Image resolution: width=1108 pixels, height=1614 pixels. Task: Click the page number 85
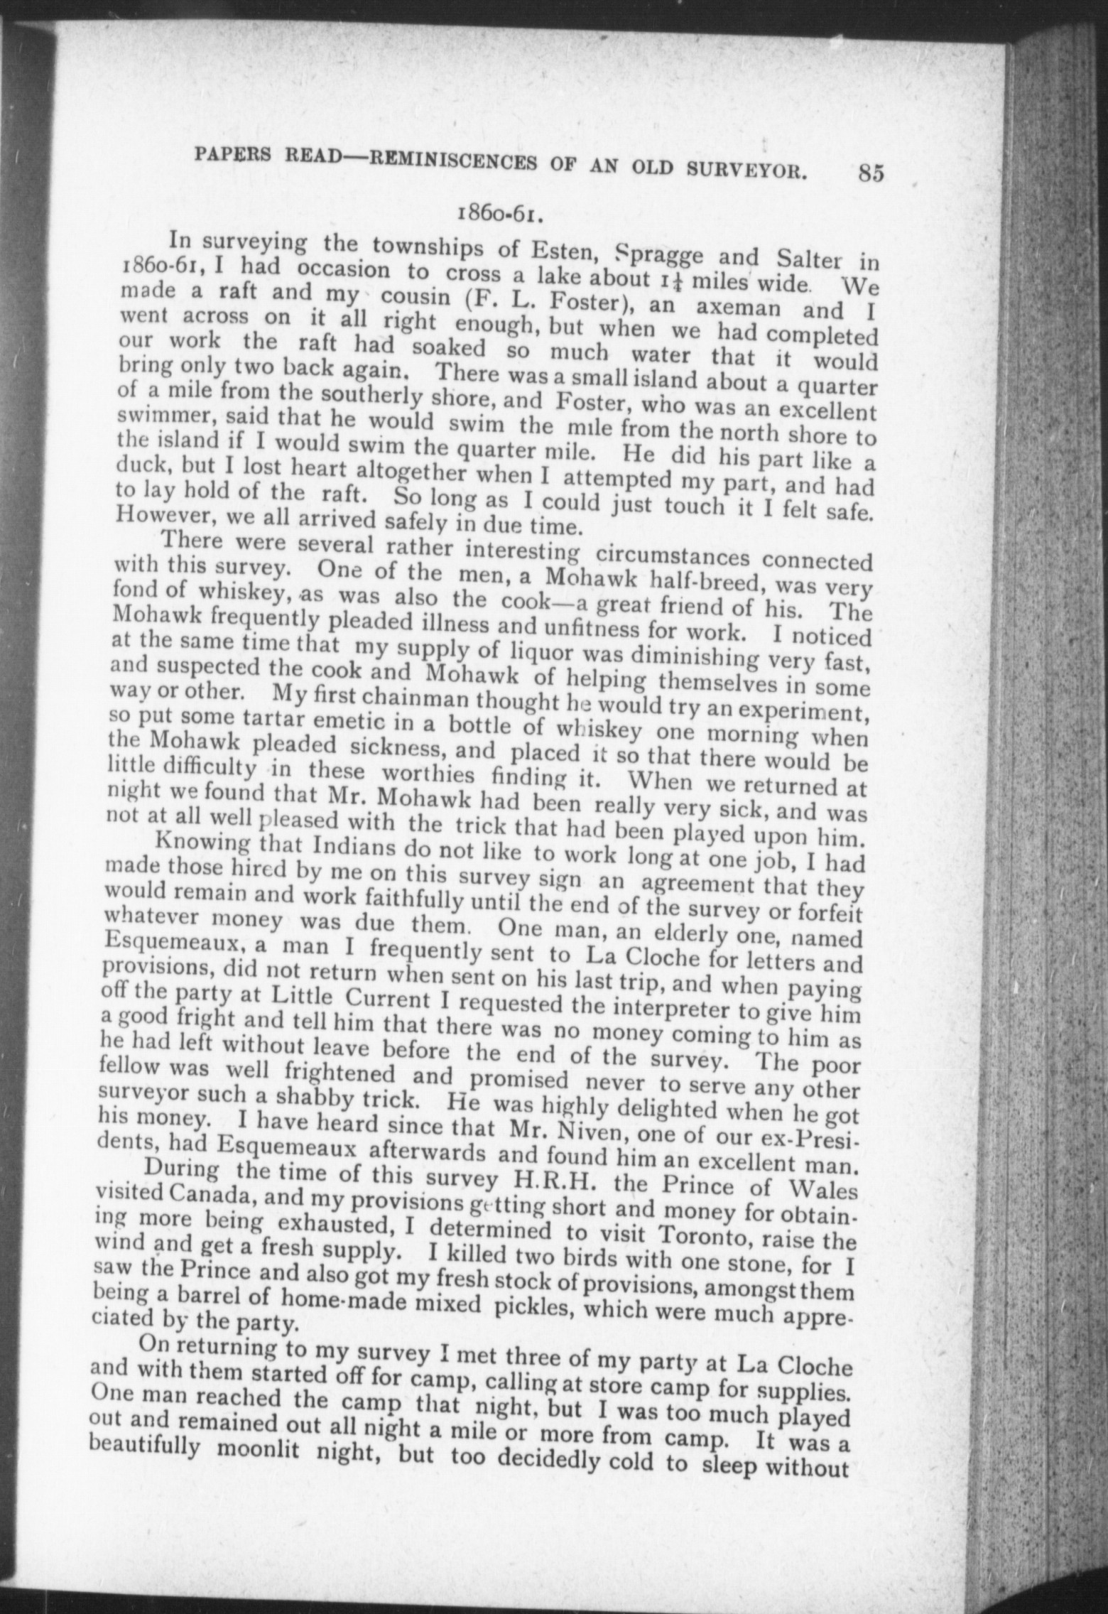pyautogui.click(x=869, y=174)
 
